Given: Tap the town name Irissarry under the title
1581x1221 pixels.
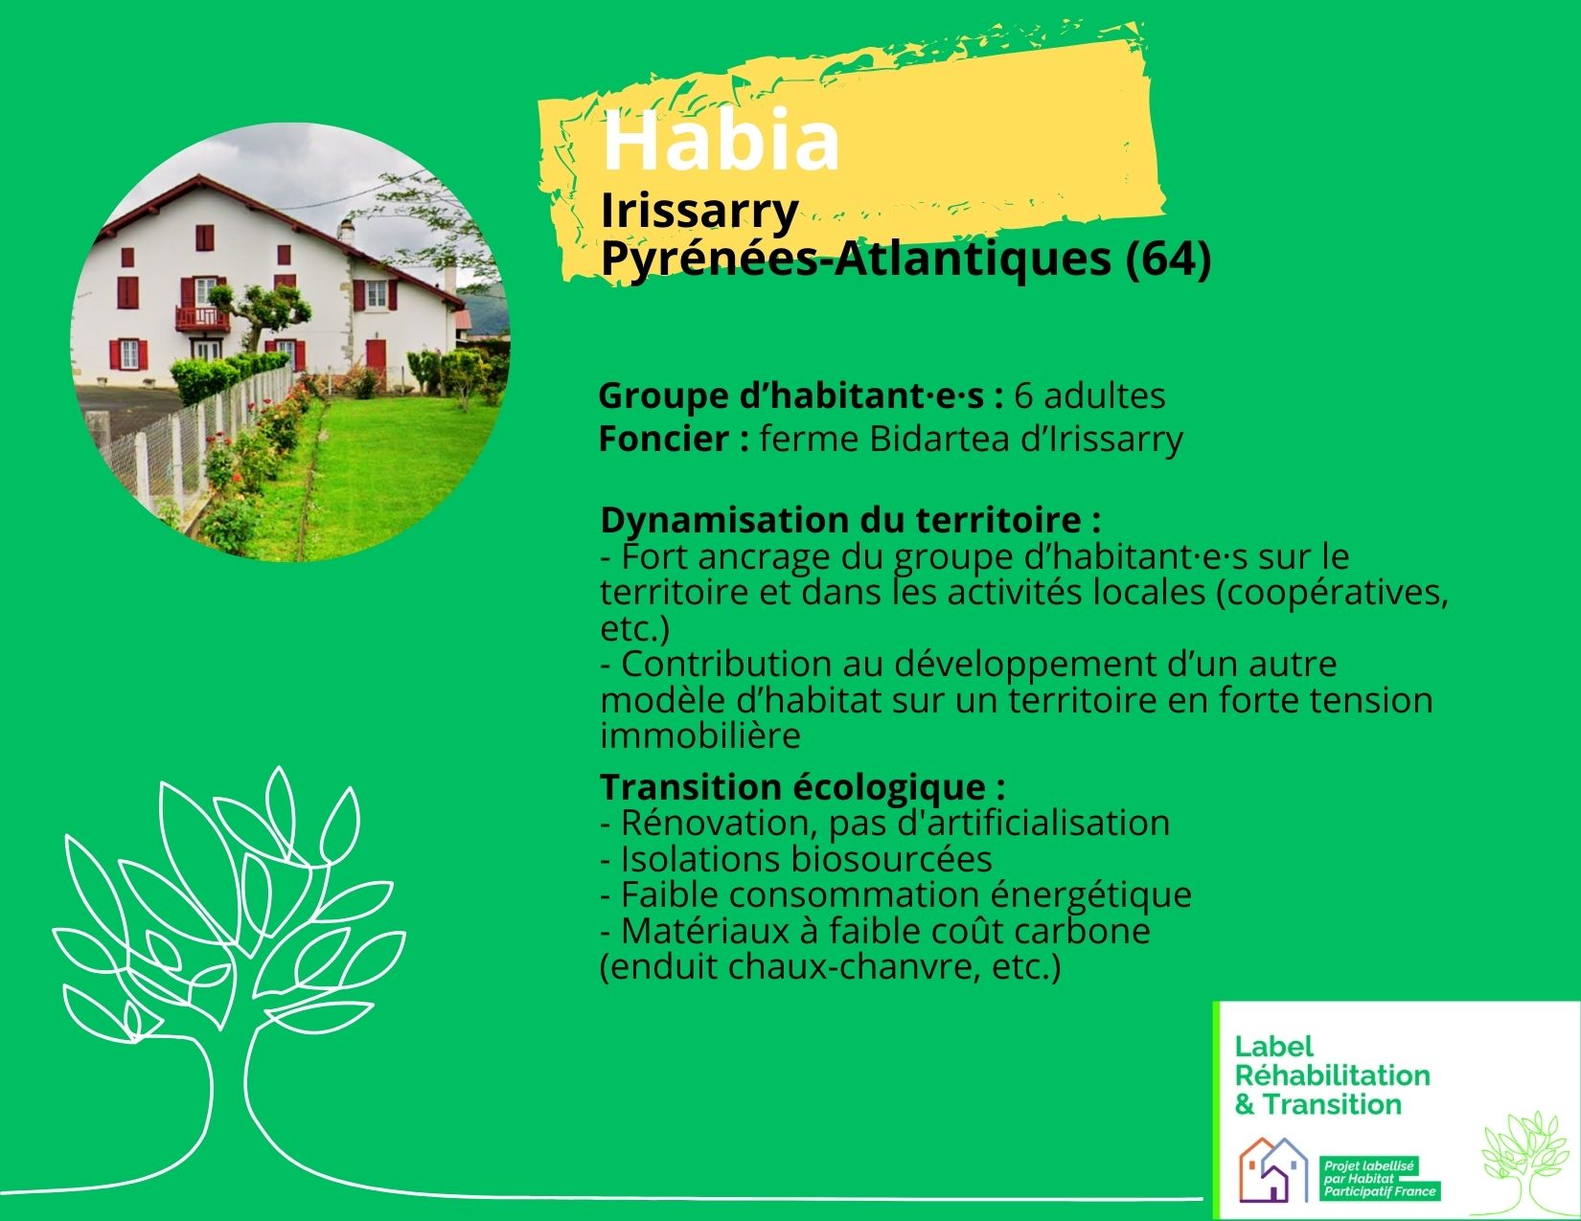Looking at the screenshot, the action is tap(699, 213).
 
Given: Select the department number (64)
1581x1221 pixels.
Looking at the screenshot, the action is tap(1168, 260).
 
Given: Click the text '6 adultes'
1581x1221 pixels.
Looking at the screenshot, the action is tap(1089, 396).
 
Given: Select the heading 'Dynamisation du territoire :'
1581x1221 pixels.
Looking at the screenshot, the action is tap(850, 520).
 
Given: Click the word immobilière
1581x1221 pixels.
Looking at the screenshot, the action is tap(699, 735).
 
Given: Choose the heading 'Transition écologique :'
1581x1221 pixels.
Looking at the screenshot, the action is tap(803, 787).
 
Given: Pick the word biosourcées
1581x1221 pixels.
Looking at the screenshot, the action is tap(891, 859).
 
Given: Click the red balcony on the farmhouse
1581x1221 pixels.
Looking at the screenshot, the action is tap(202, 319).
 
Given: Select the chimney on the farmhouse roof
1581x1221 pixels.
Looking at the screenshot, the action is tap(346, 231).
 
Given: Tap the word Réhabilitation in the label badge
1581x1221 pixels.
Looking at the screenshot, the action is tap(1332, 1074).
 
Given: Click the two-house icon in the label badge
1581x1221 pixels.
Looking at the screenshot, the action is tap(1273, 1169).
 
